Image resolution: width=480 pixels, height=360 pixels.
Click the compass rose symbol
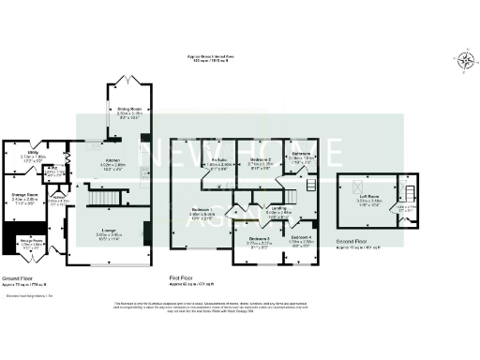tap(464, 63)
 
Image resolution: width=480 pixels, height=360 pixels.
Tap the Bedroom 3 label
tap(260, 240)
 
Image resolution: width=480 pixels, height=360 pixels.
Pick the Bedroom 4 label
tap(301, 240)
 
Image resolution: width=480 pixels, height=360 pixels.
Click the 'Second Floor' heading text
tap(352, 243)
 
